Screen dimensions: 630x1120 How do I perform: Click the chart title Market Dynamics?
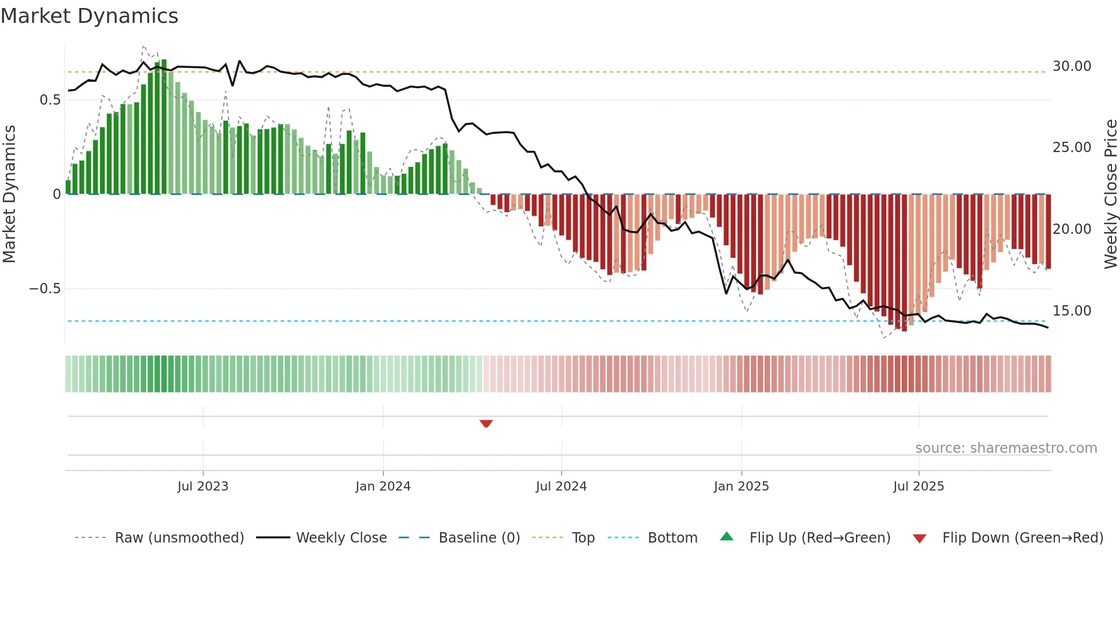[x=90, y=16]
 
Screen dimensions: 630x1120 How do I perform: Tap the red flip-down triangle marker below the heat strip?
[x=486, y=424]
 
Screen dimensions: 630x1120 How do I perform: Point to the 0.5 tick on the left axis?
[x=50, y=100]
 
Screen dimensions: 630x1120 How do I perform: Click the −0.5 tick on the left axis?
[x=45, y=289]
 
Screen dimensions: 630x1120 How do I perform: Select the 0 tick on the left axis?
[x=57, y=194]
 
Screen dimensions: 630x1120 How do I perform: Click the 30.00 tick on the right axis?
[x=1071, y=66]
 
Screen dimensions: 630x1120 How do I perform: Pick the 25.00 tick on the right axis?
[x=1071, y=147]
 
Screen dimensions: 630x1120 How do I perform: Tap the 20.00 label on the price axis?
[x=1071, y=229]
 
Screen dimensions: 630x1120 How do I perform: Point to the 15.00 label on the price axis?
[x=1071, y=311]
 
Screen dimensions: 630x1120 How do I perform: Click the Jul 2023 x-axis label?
[x=203, y=487]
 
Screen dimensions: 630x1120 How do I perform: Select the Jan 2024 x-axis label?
[x=383, y=487]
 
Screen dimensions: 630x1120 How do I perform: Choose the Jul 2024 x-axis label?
[x=561, y=487]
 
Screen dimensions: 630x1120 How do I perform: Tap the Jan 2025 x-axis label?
[x=741, y=487]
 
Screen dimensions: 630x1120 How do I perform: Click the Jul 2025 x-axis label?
[x=918, y=487]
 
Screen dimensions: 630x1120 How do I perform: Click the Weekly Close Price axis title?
[x=1110, y=194]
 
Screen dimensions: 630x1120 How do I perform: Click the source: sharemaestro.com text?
[x=1006, y=448]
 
